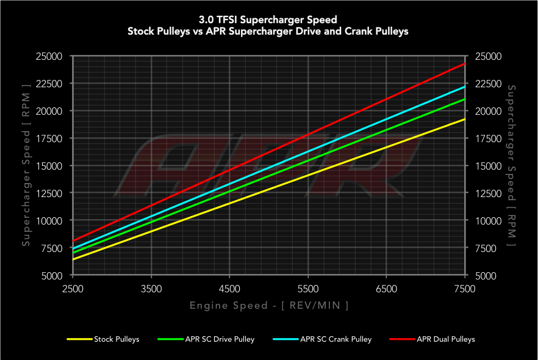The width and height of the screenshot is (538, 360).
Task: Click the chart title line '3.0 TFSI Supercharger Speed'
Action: [x=269, y=20]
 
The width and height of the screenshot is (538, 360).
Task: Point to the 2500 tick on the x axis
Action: [x=73, y=289]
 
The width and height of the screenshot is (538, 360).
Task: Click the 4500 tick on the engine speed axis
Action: [x=229, y=289]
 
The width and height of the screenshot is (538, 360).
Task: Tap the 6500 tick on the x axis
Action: [x=387, y=289]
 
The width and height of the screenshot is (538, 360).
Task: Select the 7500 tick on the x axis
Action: [x=465, y=289]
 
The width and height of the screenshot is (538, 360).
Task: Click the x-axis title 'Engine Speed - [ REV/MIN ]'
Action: [x=269, y=305]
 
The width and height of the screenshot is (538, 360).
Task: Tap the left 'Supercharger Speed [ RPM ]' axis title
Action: [x=26, y=166]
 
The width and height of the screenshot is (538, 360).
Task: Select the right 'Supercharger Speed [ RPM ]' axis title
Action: [x=511, y=166]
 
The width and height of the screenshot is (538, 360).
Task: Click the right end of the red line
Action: [x=465, y=63]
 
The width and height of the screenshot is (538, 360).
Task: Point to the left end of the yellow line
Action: [x=73, y=259]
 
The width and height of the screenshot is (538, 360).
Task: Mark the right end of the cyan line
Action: [x=465, y=87]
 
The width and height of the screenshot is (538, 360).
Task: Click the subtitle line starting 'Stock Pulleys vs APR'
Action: [x=269, y=31]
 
